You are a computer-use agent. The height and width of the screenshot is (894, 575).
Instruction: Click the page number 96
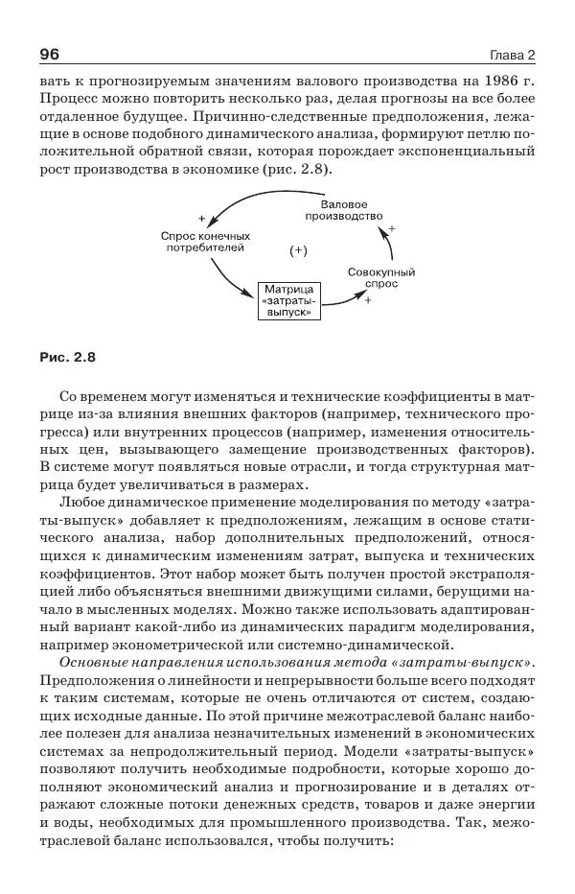pyautogui.click(x=50, y=54)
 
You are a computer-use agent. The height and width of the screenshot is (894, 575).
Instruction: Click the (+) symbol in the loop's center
pyautogui.click(x=297, y=250)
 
